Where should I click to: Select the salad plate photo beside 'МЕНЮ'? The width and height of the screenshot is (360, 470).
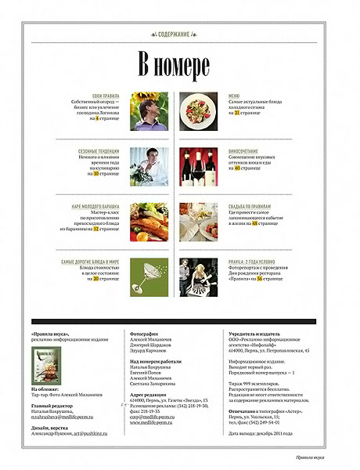coord(198,110)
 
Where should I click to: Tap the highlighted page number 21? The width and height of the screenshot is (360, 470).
coord(236,113)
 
